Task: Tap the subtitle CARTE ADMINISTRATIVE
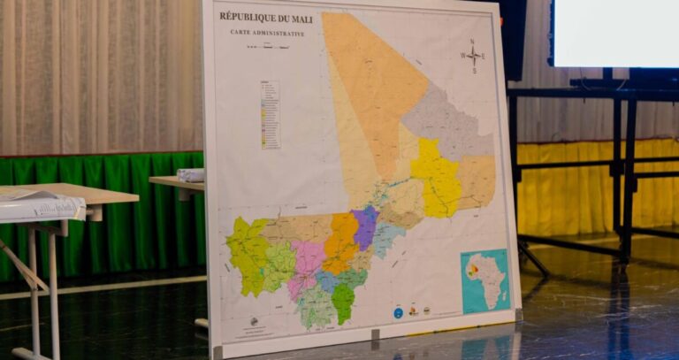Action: (x=267, y=33)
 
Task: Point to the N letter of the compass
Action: (x=472, y=42)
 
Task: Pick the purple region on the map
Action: (x=364, y=227)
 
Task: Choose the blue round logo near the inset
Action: (x=398, y=312)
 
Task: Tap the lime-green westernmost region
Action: (x=247, y=252)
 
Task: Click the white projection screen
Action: (x=614, y=31)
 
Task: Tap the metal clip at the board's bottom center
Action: (x=375, y=334)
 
